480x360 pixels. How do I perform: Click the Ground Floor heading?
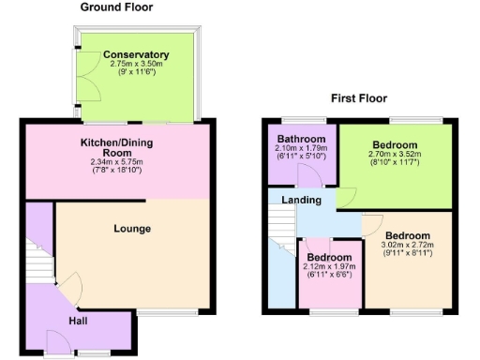click(x=116, y=7)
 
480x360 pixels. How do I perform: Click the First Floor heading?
click(x=359, y=98)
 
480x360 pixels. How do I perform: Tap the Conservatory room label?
click(x=137, y=54)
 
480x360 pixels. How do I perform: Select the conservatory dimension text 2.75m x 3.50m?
click(x=137, y=64)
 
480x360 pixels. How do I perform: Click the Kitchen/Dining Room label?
click(x=117, y=146)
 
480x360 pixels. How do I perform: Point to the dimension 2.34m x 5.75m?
click(x=117, y=161)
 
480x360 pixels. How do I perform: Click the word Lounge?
click(x=132, y=229)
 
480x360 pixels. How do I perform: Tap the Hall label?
click(x=80, y=322)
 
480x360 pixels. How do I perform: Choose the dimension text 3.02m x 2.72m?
click(x=406, y=246)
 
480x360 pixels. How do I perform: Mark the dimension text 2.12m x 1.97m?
click(x=329, y=266)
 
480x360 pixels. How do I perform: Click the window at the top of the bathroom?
click(x=299, y=121)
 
